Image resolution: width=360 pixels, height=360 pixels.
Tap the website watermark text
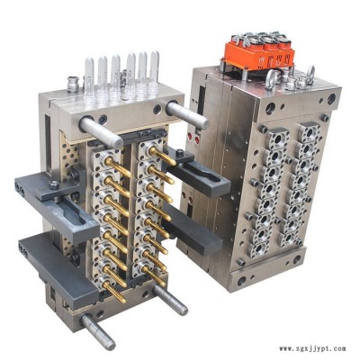click(312, 349)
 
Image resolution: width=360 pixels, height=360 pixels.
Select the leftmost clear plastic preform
click(89, 74)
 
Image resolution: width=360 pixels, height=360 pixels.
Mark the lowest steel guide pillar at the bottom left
click(97, 331)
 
